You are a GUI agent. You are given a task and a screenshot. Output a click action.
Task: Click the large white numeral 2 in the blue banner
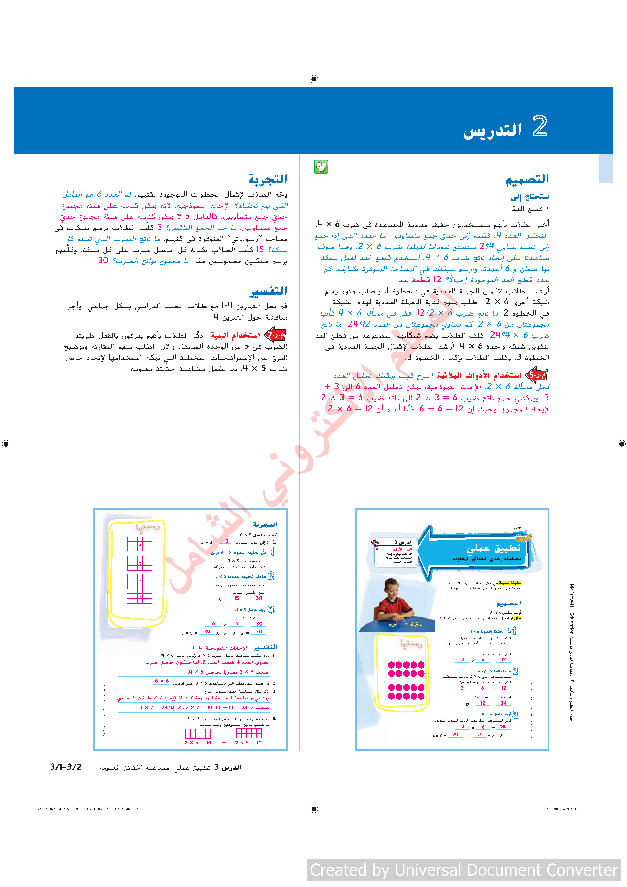(540, 126)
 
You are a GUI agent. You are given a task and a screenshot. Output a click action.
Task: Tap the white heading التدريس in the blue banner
(492, 130)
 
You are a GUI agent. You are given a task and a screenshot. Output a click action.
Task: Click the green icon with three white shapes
(321, 167)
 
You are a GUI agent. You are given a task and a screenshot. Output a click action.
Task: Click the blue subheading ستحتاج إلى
(530, 197)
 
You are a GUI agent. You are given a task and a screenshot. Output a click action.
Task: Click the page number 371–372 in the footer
(66, 767)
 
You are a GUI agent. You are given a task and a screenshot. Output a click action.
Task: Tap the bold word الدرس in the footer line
(232, 767)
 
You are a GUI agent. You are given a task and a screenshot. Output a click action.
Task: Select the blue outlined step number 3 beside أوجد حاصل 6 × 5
(271, 609)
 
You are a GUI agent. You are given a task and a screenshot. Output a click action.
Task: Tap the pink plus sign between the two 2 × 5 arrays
(224, 743)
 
